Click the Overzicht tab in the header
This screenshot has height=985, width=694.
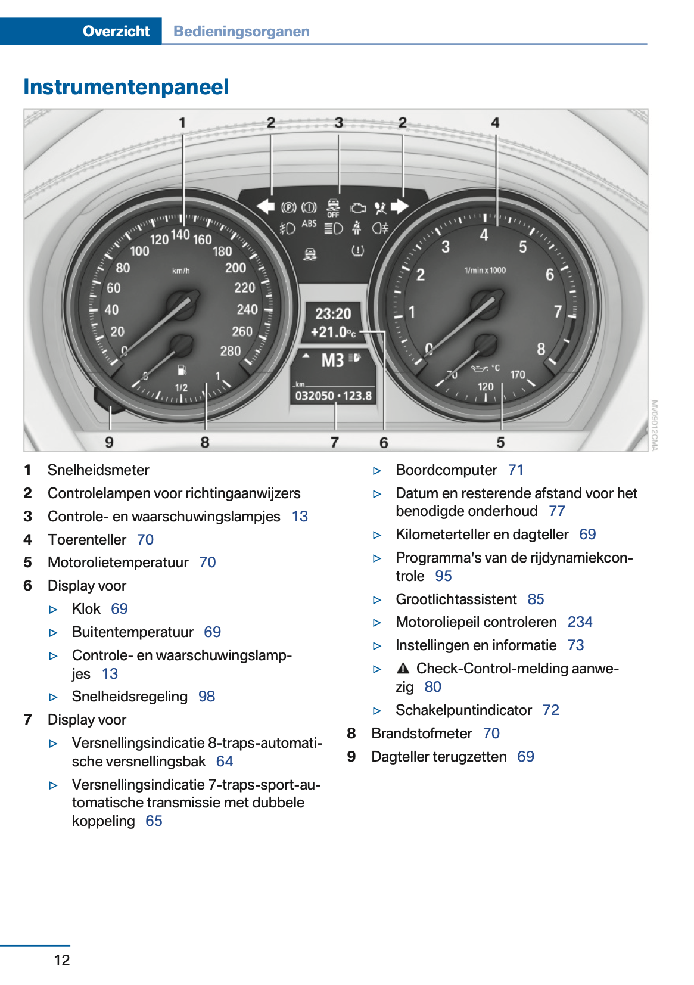[x=116, y=32]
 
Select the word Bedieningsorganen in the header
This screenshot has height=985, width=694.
[x=241, y=32]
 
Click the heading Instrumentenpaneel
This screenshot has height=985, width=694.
[x=126, y=87]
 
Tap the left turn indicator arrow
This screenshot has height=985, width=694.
[x=265, y=207]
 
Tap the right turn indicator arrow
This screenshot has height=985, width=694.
[x=400, y=207]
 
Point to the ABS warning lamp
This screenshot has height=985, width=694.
[x=309, y=224]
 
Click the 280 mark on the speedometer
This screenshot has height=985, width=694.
[x=231, y=351]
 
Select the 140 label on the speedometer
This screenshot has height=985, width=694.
[x=180, y=235]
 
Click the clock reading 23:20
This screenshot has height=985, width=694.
[x=333, y=313]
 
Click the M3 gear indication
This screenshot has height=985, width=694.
[x=333, y=361]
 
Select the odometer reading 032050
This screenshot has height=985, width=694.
[x=315, y=396]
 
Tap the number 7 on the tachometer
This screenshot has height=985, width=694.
[x=558, y=312]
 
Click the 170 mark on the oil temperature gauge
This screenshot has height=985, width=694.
[x=517, y=375]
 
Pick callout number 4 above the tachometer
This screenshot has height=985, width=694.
[x=495, y=123]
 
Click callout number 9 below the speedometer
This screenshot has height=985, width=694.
[x=110, y=442]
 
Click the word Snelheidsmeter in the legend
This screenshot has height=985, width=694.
[x=98, y=470]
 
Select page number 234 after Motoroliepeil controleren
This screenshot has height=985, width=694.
[x=580, y=622]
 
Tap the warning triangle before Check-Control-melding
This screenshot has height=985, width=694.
[x=403, y=669]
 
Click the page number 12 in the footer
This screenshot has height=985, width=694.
[x=62, y=960]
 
